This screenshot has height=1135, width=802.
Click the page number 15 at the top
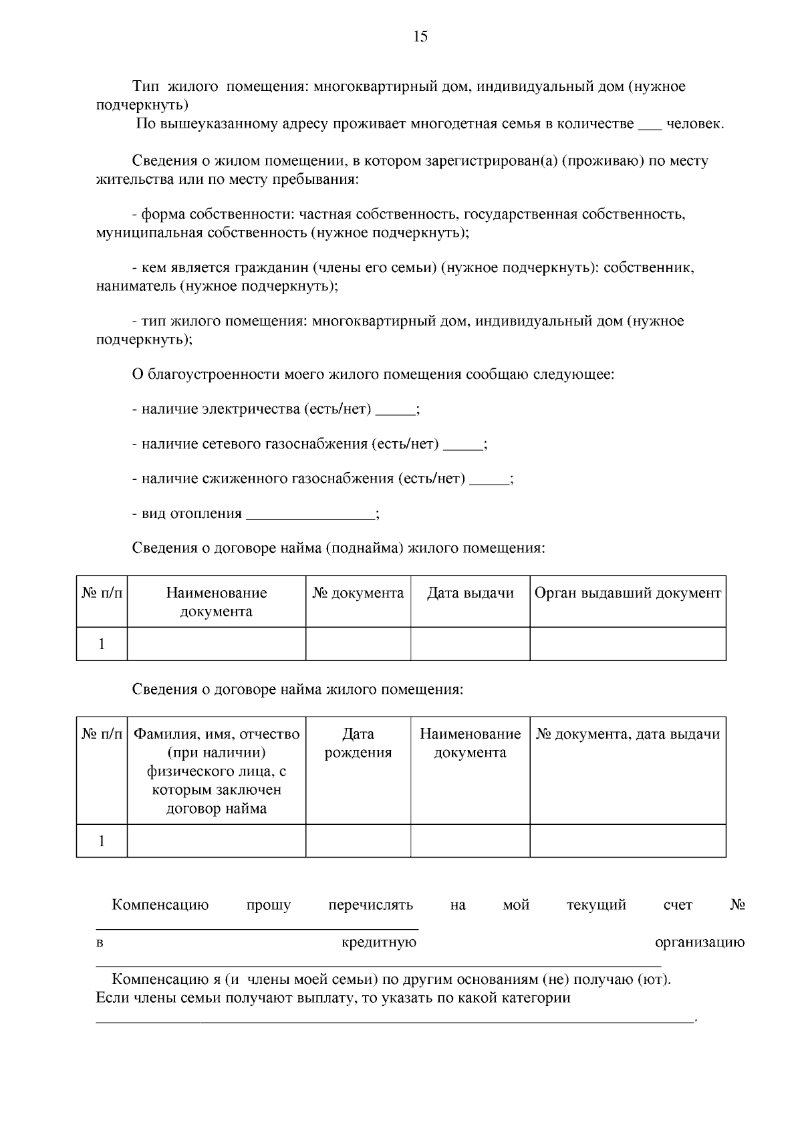[420, 37]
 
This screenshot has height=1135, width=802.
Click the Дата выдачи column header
[470, 593]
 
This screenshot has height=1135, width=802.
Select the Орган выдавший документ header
[628, 593]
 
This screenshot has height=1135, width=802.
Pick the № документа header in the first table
[358, 593]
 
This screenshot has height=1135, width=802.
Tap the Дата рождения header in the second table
[358, 743]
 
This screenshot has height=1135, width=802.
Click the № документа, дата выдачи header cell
[628, 734]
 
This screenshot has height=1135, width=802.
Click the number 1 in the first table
[102, 644]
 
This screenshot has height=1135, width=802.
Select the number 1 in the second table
[102, 840]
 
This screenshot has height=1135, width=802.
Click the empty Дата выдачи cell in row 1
[470, 644]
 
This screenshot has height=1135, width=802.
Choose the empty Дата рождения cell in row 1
[358, 840]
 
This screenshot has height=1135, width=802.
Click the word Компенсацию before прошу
[160, 905]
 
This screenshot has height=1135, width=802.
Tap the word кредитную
[379, 942]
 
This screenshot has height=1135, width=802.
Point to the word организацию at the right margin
[699, 942]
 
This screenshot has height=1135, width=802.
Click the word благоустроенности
[213, 374]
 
